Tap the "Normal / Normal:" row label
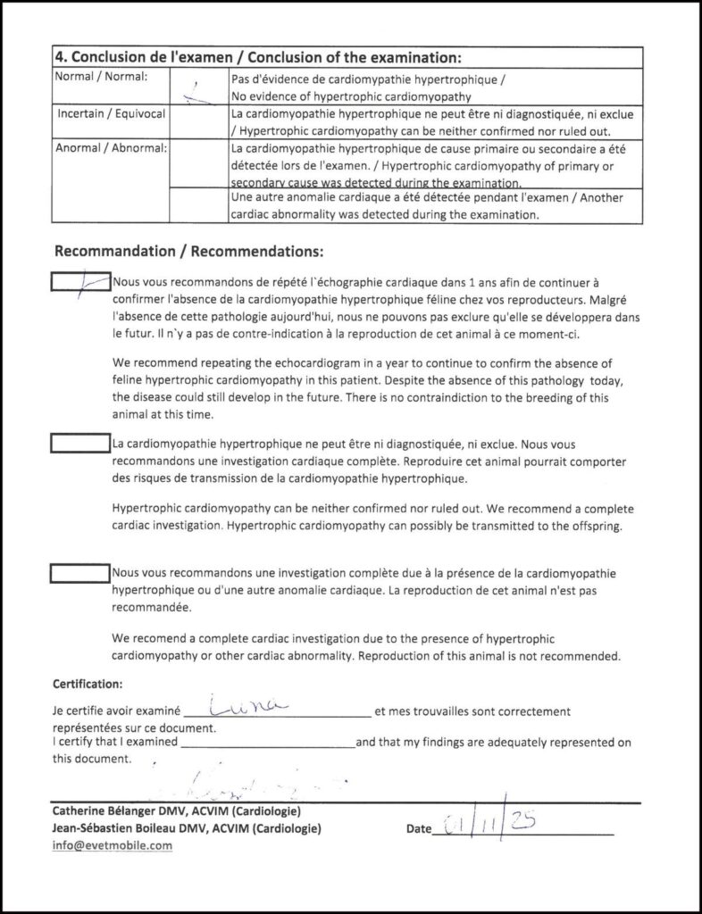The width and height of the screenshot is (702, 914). coord(94,78)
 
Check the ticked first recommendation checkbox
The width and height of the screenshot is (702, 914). coord(79,282)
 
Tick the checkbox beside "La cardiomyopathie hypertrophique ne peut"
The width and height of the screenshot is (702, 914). coord(79,443)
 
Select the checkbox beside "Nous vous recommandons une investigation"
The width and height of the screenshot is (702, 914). coord(79,572)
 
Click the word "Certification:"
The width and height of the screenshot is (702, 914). coord(88,685)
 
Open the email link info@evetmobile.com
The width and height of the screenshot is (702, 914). coord(112,845)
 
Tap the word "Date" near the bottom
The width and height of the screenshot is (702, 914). coord(418,829)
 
